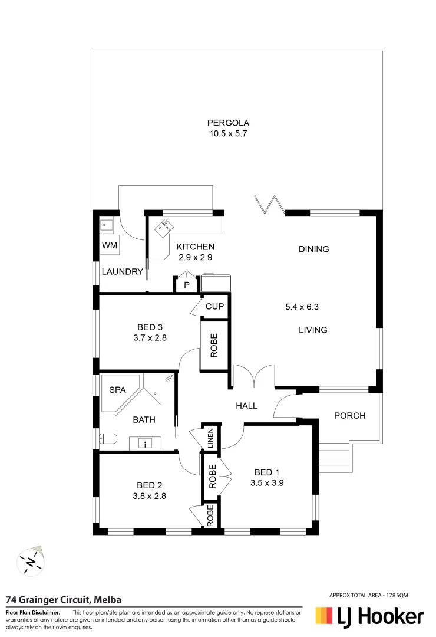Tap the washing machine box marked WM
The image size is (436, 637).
pos(109,245)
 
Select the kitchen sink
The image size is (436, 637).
pos(163,226)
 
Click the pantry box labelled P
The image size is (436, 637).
pos(186,285)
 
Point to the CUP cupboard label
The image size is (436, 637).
pos(214,306)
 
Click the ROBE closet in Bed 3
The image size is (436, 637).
pos(214,345)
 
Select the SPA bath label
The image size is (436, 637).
pos(116,390)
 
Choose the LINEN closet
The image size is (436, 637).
pos(210,439)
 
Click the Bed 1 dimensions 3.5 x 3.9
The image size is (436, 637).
pos(265,482)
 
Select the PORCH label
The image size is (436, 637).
pos(349,415)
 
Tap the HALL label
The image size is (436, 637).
pos(246,406)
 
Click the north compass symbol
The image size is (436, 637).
pos(30,560)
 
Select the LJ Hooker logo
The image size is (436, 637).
pos(369,616)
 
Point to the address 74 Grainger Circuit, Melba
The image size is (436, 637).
pos(64,600)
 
